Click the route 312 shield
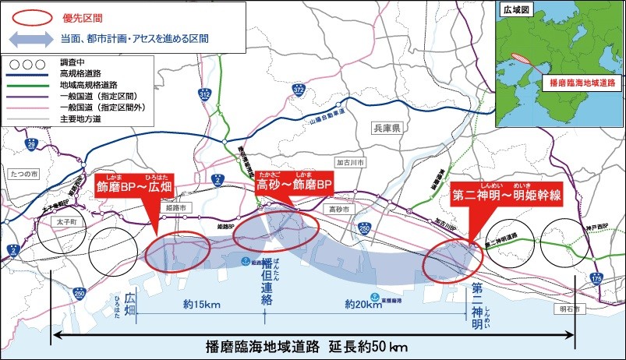[204, 94]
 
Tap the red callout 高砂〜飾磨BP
[295, 188]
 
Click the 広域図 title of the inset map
[517, 9]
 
